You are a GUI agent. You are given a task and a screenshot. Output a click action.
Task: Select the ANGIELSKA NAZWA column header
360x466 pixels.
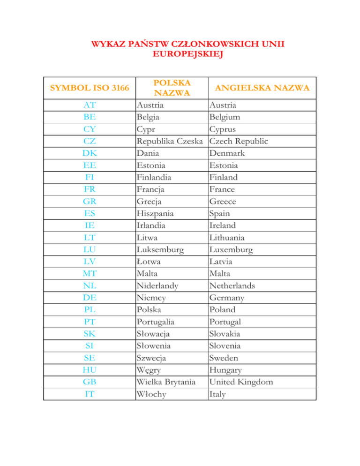(262, 88)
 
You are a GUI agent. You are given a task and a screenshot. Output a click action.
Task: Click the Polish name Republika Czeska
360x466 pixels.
(170, 141)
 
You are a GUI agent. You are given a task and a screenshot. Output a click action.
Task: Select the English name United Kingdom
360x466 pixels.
(241, 382)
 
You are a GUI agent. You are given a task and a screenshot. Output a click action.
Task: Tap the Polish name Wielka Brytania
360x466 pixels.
(165, 382)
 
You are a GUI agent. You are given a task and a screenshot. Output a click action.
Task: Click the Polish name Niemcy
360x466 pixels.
(150, 298)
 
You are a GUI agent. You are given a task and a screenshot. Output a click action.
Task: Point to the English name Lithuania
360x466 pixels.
(231, 238)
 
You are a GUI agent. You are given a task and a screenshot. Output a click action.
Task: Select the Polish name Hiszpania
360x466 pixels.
(155, 213)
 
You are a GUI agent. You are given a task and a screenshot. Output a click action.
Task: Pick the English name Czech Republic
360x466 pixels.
(239, 141)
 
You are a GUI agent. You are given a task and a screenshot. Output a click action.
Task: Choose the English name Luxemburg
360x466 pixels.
(232, 249)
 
